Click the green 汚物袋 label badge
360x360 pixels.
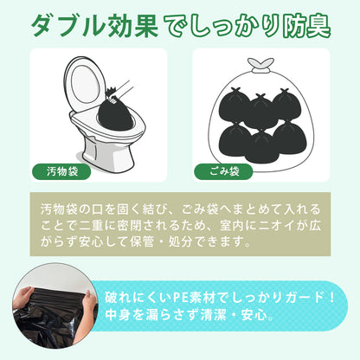[x=61, y=171]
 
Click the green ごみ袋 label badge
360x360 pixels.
[x=223, y=171]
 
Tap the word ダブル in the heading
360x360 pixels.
[x=67, y=25]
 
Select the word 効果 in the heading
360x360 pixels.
[x=132, y=25]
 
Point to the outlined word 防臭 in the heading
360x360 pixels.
[x=306, y=26]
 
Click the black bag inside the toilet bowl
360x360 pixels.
[x=115, y=114]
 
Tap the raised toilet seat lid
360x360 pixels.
[x=85, y=84]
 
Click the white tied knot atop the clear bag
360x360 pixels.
[x=261, y=66]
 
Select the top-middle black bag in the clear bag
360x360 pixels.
[x=260, y=111]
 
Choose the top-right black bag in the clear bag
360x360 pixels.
[x=286, y=105]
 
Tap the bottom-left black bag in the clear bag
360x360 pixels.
[x=235, y=139]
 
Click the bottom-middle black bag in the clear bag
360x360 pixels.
[x=261, y=146]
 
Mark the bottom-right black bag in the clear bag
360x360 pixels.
[x=289, y=138]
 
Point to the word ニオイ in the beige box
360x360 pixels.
[x=277, y=226]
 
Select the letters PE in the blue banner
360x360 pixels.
[x=180, y=298]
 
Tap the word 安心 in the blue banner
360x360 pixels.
[x=254, y=315]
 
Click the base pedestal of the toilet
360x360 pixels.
[x=108, y=154]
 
